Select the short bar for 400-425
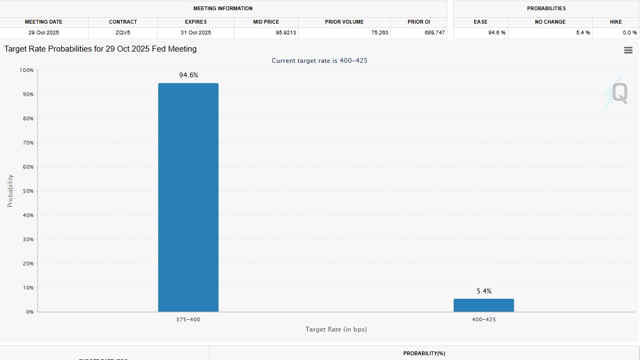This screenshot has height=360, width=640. (x=483, y=305)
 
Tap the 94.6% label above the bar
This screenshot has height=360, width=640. (x=188, y=75)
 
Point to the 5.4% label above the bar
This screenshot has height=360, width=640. (x=484, y=291)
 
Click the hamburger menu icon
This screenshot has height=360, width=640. (x=628, y=50)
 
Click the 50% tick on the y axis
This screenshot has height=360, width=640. (x=27, y=191)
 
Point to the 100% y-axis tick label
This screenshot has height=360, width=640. (x=26, y=70)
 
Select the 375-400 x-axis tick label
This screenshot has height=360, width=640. (x=188, y=320)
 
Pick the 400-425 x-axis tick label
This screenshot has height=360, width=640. (x=484, y=320)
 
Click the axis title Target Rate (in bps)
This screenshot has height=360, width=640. (x=336, y=329)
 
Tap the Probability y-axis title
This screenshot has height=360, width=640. (x=10, y=191)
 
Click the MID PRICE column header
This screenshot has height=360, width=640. (x=266, y=22)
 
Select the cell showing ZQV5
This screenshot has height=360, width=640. (x=122, y=33)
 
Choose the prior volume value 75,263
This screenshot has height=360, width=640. (x=380, y=33)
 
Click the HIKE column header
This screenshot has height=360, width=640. (x=616, y=22)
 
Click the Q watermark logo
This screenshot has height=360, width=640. (x=619, y=93)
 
